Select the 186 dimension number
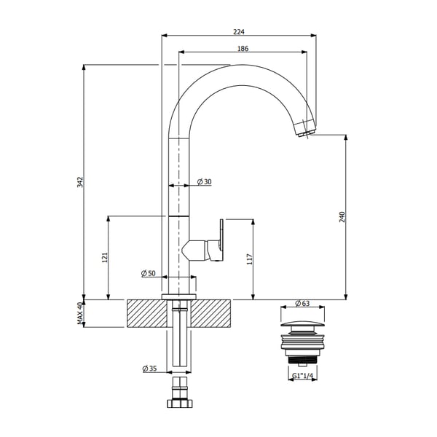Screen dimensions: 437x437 point(243,48)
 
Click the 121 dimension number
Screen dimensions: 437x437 point(104,257)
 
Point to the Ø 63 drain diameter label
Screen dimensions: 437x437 point(303,303)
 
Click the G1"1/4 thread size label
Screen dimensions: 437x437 point(303,375)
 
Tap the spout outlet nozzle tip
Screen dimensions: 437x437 point(307,129)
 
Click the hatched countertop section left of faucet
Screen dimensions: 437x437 point(146,313)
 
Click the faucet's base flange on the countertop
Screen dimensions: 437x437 point(179,295)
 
